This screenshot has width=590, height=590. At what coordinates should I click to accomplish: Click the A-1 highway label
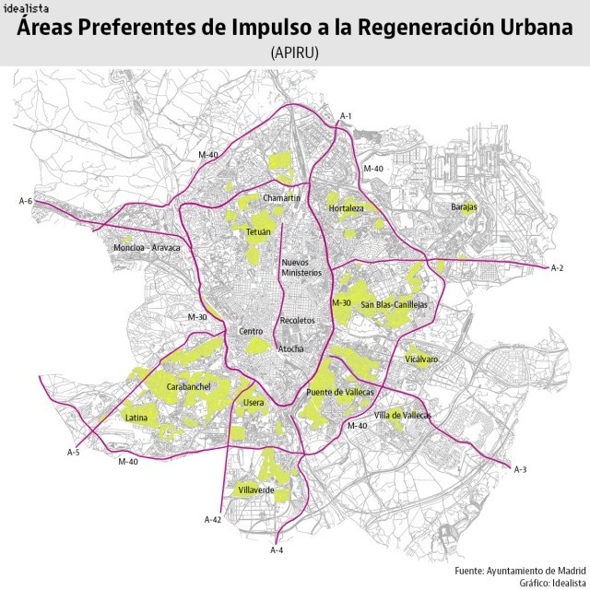pos(347,115)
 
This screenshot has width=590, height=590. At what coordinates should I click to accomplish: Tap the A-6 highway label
pos(26,201)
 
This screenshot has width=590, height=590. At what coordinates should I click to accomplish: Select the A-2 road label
pos(556,268)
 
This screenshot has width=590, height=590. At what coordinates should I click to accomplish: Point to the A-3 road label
pos(520,470)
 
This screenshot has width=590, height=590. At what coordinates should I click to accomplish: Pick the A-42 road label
pos(212,521)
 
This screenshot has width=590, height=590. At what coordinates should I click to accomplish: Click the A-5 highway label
pos(74,452)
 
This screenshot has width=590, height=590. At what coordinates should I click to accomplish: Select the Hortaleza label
pos(347,208)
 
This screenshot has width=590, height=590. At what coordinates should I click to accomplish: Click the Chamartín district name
pos(282,199)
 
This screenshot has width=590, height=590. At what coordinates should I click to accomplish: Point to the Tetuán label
pos(258,232)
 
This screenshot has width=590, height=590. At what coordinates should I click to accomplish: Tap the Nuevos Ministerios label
pos(301,268)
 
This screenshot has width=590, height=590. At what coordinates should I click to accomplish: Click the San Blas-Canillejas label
pos(395,304)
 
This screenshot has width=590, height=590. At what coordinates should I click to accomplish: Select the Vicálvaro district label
pos(420,359)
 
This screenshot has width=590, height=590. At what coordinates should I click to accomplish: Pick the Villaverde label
pos(256,490)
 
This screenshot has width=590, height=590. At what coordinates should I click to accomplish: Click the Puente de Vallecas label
pos(340,393)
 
